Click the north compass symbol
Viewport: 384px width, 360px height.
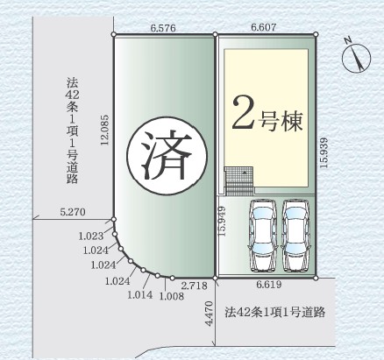[356, 57]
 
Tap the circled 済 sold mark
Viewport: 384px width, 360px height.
[167, 157]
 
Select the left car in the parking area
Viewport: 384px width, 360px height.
[262, 236]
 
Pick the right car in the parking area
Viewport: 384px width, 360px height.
[295, 236]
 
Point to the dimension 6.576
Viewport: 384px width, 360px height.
[163, 28]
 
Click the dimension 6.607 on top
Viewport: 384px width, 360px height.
[263, 27]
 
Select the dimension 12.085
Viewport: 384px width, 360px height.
[104, 130]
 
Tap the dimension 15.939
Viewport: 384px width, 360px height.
[324, 152]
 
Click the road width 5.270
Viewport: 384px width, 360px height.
[73, 212]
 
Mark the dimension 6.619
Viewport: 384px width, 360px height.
[269, 284]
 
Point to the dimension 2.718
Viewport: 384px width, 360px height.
[195, 286]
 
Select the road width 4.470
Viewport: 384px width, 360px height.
[210, 314]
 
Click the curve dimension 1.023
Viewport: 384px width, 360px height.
[91, 236]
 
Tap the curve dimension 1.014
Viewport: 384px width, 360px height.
[140, 294]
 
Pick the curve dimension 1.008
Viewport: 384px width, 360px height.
[172, 296]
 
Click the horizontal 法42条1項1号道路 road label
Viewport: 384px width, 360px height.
[275, 312]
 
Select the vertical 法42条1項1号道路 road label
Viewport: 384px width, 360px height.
[72, 131]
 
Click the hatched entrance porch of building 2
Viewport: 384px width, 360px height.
[239, 180]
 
